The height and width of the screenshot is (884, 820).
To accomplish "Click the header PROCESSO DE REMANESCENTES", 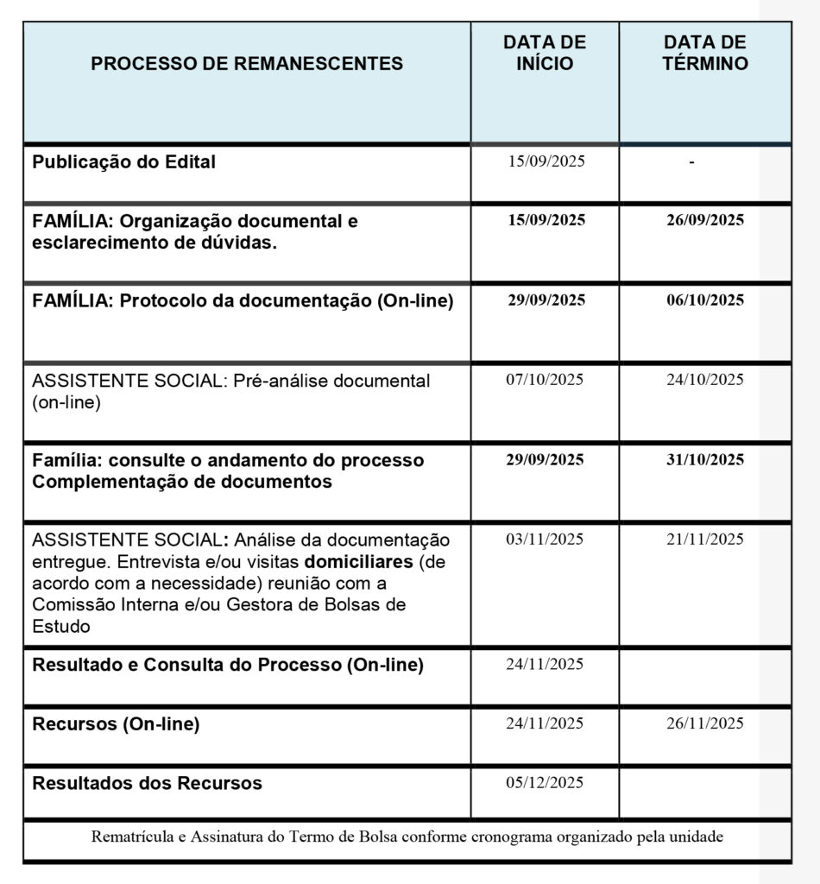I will pos(247,64).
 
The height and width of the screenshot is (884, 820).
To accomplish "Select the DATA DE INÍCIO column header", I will pos(545,53).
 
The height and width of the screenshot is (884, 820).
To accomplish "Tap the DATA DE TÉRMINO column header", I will pos(705,53).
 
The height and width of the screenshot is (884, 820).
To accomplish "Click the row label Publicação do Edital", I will pos(124,161).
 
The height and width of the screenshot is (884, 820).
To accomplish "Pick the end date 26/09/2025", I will pos(705,220).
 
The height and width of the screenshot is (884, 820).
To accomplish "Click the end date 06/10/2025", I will pos(705,300).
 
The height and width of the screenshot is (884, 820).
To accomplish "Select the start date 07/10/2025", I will pos(545,380).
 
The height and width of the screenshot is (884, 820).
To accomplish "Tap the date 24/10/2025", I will pos(705,380).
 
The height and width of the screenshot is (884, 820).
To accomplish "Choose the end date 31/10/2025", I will pos(705,460).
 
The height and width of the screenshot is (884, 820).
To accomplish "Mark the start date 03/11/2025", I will pos(545,540).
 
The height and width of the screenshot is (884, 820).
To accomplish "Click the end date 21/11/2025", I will pos(705,540).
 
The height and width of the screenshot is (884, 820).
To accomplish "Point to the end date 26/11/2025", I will pos(705,723).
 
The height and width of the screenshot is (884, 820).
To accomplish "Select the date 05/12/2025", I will pos(545,783).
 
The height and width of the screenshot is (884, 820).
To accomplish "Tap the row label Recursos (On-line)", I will pos(116,724).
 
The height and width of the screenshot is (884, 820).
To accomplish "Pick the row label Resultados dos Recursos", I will pos(147,784).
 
